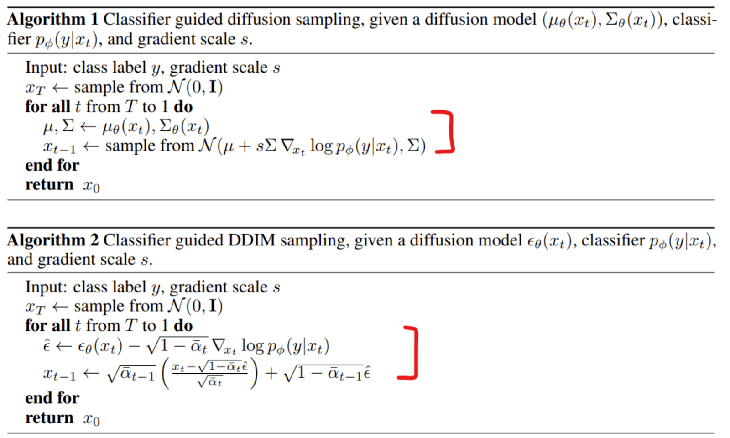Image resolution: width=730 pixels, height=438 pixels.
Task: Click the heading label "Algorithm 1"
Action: pos(52,20)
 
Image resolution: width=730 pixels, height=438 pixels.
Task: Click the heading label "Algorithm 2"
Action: pos(52,240)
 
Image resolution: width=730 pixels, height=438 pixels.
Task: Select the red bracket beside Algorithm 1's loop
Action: pos(447,131)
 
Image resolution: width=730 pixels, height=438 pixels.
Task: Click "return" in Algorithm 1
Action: pos(49,185)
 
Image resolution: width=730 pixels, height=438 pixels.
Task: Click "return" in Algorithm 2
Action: pos(49,418)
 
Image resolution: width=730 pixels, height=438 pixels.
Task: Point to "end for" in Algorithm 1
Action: pos(52,165)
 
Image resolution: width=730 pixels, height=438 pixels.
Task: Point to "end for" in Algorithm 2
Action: pos(52,398)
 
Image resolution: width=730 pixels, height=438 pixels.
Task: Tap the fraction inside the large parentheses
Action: pos(209,373)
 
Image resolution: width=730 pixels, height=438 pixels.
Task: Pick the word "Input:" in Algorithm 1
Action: pos(46,68)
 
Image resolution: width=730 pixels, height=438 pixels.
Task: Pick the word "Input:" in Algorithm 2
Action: pos(46,287)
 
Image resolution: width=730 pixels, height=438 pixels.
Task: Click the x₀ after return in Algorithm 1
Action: pos(91,186)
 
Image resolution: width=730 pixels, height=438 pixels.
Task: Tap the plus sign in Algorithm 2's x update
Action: pos(271,374)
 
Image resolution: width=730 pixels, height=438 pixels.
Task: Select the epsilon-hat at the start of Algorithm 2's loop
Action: pos(47,347)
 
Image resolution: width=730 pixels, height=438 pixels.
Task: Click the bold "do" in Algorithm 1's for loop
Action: pos(183,107)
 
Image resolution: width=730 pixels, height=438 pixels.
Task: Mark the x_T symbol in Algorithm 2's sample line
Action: pos(35,307)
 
